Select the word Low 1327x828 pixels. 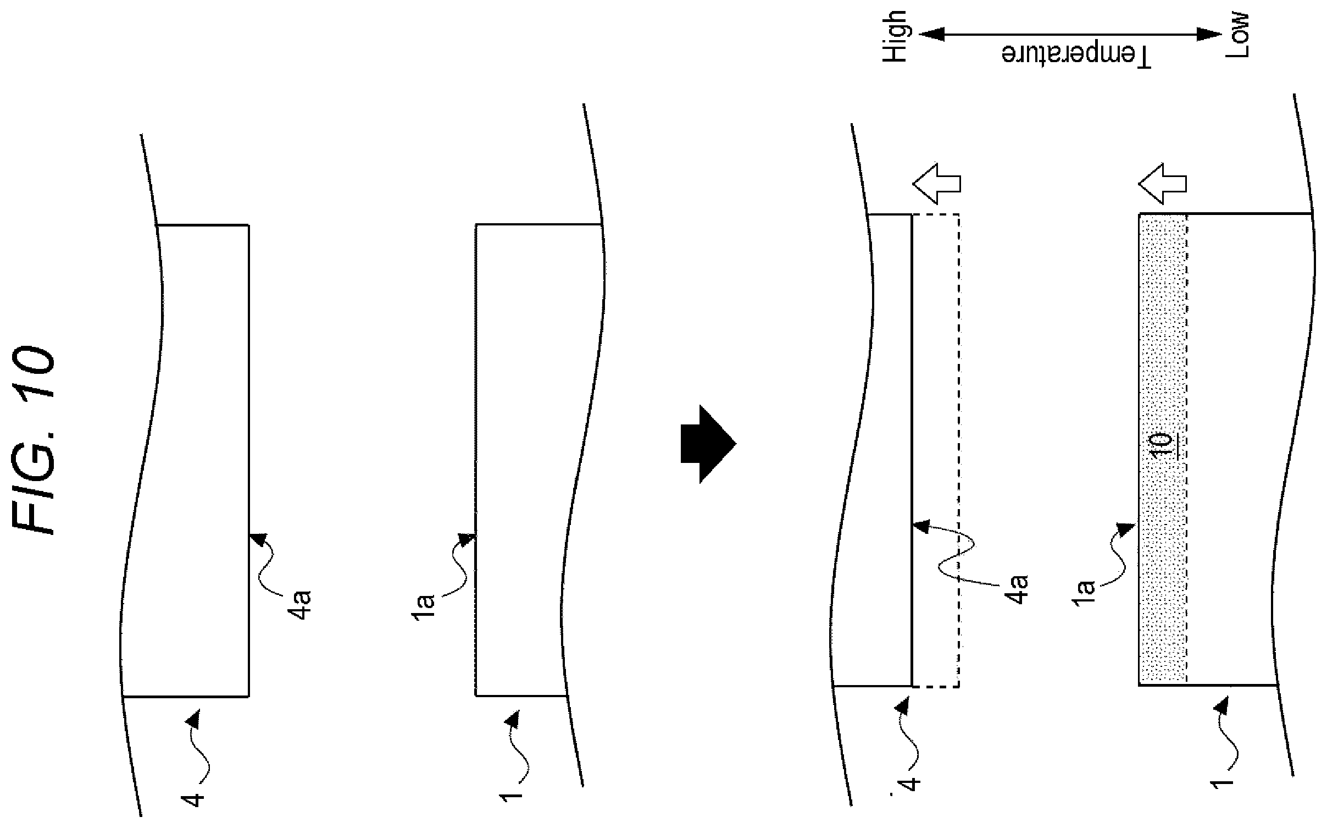1237,35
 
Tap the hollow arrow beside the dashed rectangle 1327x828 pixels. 936,183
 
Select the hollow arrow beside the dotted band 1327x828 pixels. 1162,183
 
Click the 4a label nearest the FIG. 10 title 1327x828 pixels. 302,604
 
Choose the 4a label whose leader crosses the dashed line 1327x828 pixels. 1018,589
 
